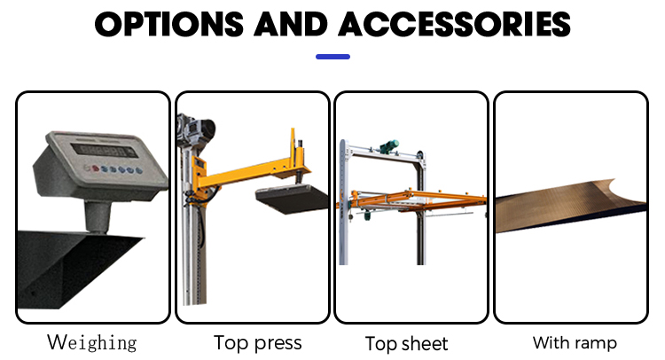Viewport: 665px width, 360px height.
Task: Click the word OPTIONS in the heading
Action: (169, 24)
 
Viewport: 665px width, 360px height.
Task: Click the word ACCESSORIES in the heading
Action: (454, 24)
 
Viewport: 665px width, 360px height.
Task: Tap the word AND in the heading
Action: (291, 24)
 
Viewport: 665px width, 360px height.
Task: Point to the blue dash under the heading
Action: (332, 57)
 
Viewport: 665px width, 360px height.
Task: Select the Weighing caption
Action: (92, 342)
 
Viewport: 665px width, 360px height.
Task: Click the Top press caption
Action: (257, 342)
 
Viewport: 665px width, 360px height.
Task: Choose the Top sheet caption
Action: (406, 343)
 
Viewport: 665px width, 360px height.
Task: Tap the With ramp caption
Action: (575, 342)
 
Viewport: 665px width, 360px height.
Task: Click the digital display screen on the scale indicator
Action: (104, 151)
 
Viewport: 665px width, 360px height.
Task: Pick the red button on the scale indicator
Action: (96, 168)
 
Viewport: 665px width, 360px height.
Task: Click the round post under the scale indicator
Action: (98, 217)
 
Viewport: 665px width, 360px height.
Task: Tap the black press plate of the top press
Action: (293, 199)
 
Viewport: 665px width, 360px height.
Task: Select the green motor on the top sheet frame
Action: (389, 146)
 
